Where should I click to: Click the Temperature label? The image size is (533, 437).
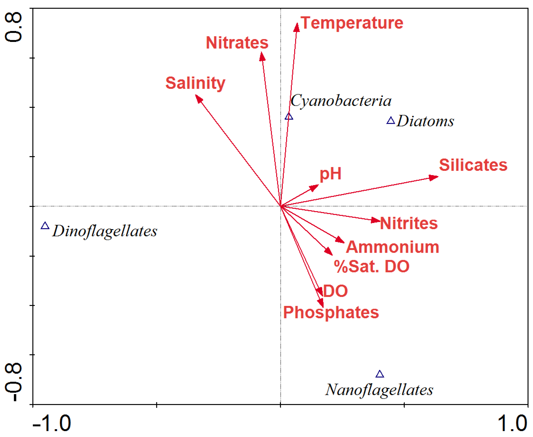(x=352, y=23)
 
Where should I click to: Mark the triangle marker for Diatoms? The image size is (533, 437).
(x=390, y=121)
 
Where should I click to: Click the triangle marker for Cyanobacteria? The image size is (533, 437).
(x=289, y=117)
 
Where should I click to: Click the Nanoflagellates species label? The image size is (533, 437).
(x=379, y=390)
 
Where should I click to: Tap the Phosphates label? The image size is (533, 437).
(x=331, y=312)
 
